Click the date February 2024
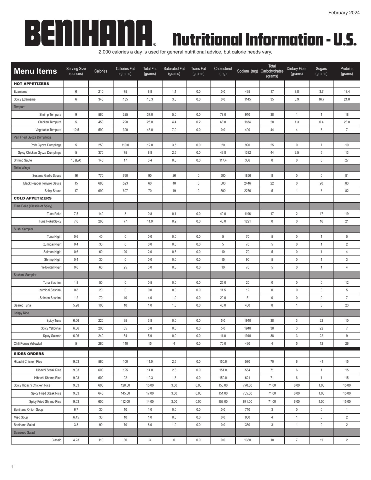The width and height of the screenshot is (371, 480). (344, 13)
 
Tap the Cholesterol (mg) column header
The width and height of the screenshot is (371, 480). (223, 71)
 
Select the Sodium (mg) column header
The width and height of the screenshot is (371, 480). (247, 71)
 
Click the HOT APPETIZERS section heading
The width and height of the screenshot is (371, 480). (31, 84)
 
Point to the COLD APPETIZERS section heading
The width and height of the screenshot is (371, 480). (33, 198)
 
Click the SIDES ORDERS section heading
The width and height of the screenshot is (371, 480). (29, 354)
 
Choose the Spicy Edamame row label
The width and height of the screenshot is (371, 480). (24, 99)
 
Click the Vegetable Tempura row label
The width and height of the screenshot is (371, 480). (48, 130)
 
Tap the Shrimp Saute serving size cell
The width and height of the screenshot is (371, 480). (76, 160)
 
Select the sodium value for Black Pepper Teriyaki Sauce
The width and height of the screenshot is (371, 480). (247, 183)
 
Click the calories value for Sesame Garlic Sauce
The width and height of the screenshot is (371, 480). (100, 175)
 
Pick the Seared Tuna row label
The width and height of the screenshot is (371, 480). (22, 305)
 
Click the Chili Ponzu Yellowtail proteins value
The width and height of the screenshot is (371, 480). (346, 343)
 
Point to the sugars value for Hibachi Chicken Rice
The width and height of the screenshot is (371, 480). (321, 361)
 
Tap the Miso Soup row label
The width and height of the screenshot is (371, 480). (21, 417)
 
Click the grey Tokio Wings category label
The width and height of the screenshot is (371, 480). (22, 168)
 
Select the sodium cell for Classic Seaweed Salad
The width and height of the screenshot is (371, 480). (247, 440)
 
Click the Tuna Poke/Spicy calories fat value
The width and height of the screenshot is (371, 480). (125, 221)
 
